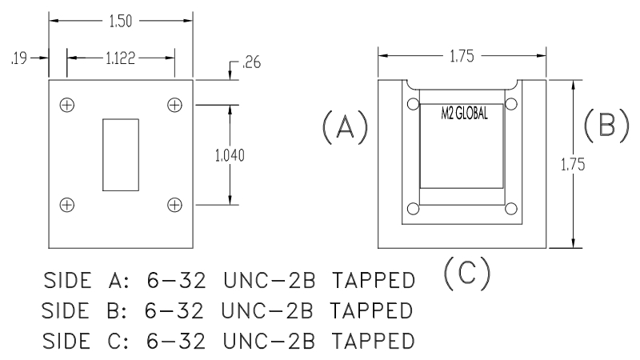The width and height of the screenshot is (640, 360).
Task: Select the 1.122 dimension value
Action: (120, 58)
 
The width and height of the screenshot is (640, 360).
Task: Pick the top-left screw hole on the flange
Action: (67, 105)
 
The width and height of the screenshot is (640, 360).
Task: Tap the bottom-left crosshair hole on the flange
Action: (67, 205)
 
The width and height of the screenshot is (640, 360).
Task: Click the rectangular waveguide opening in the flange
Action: (121, 155)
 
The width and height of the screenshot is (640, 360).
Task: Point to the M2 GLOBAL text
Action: (464, 113)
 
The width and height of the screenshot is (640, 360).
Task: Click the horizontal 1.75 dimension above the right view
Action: (462, 56)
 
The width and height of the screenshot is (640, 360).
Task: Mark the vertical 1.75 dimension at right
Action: (590, 165)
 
